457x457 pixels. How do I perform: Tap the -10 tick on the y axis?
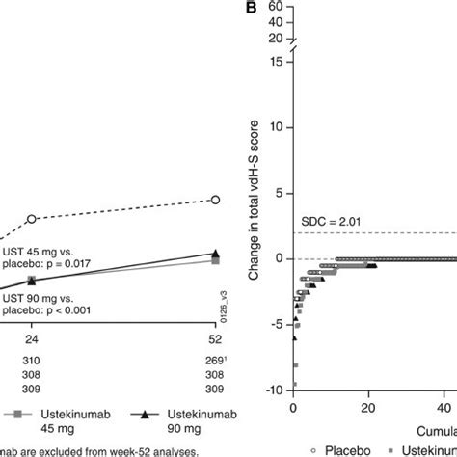(279, 389)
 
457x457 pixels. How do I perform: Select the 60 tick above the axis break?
(280, 6)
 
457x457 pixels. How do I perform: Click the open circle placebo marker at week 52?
(215, 200)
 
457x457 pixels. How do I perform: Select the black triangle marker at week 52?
(215, 254)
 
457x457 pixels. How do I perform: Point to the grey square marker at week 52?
(215, 260)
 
